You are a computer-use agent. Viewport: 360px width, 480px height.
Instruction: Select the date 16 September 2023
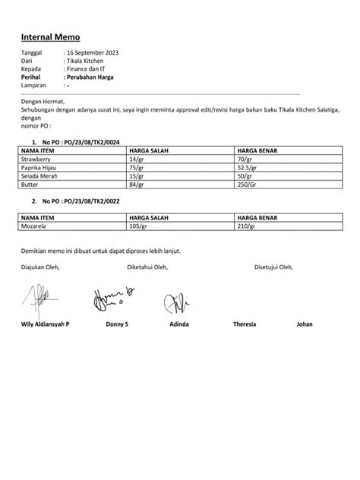[93, 52]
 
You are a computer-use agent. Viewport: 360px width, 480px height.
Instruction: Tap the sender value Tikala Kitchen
[88, 61]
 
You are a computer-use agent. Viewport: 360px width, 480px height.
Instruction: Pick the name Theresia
[245, 324]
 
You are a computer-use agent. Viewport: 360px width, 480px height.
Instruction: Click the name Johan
[304, 324]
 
